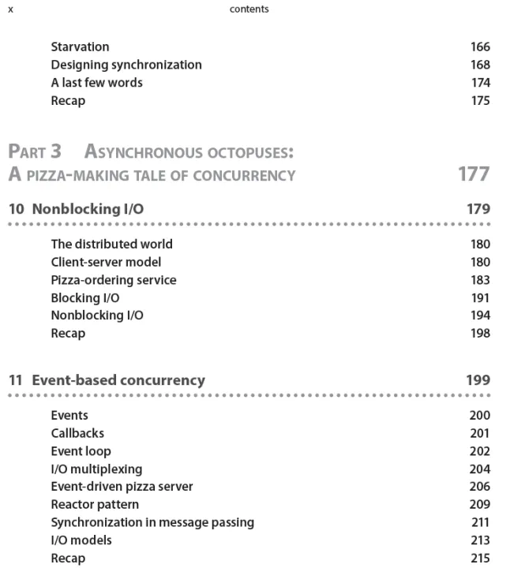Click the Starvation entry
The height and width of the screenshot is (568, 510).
click(80, 47)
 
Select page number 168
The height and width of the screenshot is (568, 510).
click(480, 65)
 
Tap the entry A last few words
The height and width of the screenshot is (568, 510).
click(96, 82)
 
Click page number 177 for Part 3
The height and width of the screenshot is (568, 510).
click(474, 174)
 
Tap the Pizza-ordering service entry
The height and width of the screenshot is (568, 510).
click(114, 280)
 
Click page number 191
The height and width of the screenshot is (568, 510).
click(480, 297)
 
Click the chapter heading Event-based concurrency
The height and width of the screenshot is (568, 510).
click(118, 380)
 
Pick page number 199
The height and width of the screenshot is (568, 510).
click(478, 380)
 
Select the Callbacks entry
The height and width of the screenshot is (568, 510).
click(77, 433)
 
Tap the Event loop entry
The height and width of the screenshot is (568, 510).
click(81, 451)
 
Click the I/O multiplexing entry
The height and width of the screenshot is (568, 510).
click(96, 469)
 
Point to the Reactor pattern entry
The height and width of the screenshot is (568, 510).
click(95, 504)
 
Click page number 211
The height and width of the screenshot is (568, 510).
click(480, 522)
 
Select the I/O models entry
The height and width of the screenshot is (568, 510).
click(81, 540)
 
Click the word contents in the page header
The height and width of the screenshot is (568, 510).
click(249, 9)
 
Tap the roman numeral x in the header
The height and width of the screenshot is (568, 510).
click(10, 9)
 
